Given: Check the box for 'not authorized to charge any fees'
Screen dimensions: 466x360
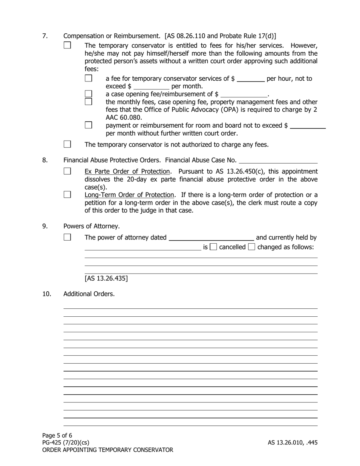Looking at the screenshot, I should point(67,144).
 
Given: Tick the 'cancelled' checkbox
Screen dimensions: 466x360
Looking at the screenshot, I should point(213,247).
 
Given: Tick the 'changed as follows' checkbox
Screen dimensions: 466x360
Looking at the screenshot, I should point(252,247).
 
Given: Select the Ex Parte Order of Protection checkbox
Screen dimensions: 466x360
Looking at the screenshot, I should point(67,171).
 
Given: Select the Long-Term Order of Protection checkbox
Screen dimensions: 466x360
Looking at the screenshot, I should point(67,195).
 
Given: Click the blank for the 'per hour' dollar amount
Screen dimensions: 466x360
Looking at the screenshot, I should point(250,79).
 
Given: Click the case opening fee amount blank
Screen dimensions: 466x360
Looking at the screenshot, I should point(244,94).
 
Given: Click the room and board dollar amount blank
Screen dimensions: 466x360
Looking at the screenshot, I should point(307,126).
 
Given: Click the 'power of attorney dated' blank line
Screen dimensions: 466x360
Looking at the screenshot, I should point(211,238).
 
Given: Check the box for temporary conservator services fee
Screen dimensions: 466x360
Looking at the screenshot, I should point(89,78).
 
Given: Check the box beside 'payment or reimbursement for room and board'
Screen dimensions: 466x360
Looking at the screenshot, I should point(89,125).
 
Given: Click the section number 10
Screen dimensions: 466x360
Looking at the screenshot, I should point(46,294).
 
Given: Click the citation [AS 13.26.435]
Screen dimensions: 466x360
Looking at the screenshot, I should point(106,279).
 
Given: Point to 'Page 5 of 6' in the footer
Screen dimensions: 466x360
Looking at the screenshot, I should point(57,435).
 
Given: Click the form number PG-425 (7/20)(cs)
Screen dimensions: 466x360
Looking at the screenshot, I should point(66,443).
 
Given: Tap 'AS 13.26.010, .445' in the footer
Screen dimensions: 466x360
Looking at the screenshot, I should point(293,443).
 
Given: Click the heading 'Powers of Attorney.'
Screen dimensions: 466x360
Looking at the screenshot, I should point(91,226).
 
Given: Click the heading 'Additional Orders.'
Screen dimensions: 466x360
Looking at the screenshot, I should point(89,294).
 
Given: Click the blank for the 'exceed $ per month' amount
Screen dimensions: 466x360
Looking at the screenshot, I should point(151,87).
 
